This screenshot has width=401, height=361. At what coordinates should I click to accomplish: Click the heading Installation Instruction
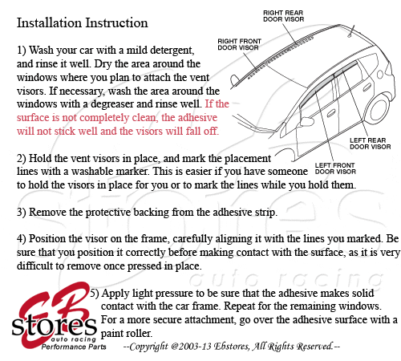(82, 22)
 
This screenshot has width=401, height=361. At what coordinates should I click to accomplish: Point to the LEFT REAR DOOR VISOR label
(370, 143)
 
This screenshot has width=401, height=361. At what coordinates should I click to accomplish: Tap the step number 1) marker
(21, 50)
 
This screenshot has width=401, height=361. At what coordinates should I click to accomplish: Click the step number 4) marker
(21, 239)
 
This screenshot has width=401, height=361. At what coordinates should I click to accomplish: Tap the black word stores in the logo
(49, 327)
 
